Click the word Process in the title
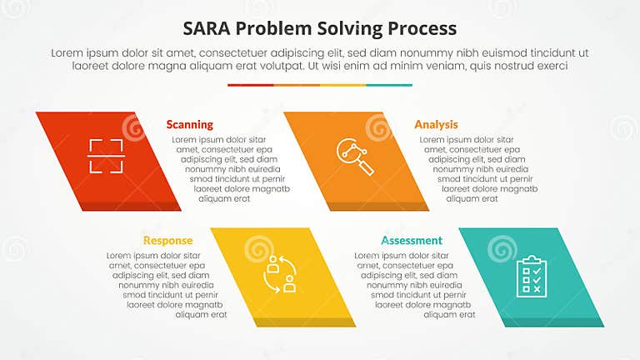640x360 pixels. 422,27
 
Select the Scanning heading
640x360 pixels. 189,124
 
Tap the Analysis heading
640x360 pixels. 436,124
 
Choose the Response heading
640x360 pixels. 167,241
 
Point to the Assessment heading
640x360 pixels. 412,241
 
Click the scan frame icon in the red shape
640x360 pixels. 106,156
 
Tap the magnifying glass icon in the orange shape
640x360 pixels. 355,156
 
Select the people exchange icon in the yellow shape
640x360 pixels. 281,273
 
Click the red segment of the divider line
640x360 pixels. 250,85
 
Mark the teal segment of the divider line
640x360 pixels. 389,85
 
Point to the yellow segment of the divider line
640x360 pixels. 342,85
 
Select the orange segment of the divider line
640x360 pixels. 297,85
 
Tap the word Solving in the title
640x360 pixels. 351,27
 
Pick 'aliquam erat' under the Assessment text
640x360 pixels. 450,315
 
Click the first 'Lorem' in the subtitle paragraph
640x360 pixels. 69,52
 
